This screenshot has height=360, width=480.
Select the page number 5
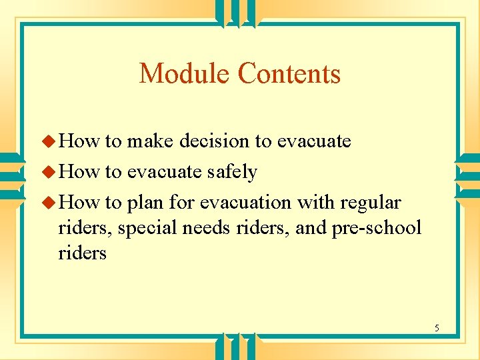[437, 328]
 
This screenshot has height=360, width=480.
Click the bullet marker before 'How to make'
[50, 141]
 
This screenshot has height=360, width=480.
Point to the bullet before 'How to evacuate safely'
[50, 172]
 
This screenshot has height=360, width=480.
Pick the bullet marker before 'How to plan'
[50, 202]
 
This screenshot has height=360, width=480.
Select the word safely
[231, 172]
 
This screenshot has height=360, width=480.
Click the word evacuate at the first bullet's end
[313, 141]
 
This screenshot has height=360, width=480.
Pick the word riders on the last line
[83, 253]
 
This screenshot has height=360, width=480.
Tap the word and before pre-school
[310, 228]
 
